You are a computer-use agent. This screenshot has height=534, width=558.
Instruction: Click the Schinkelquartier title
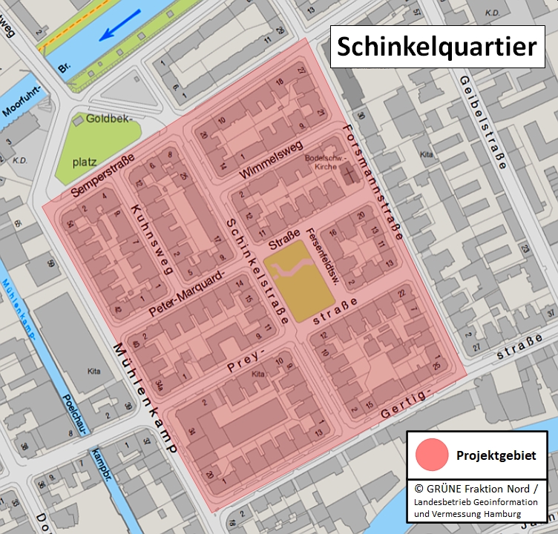coord(436,46)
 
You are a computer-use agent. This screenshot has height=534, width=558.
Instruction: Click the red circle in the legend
coord(432,455)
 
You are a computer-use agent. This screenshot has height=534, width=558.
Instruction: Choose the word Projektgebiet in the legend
coord(496,455)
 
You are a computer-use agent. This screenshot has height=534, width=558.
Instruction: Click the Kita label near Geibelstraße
coord(426,154)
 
